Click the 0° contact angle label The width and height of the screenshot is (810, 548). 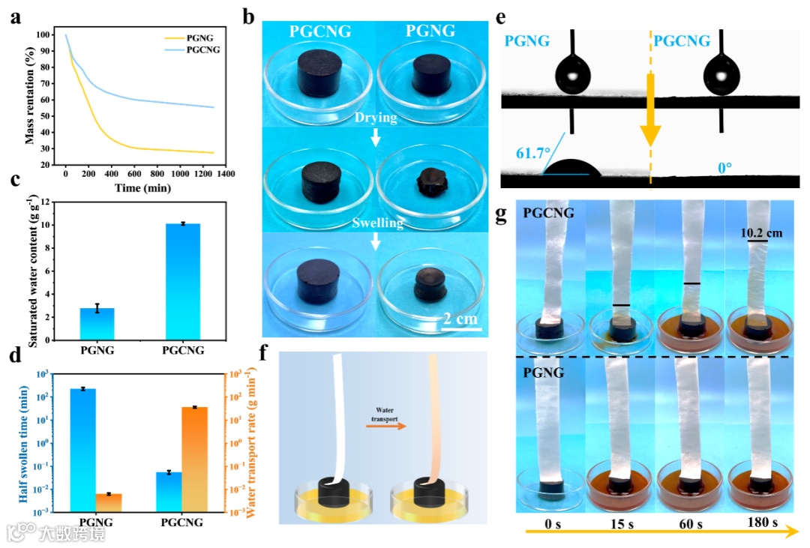[724, 168]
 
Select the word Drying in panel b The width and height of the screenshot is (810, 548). [375, 117]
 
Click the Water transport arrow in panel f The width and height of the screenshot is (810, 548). [383, 424]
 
